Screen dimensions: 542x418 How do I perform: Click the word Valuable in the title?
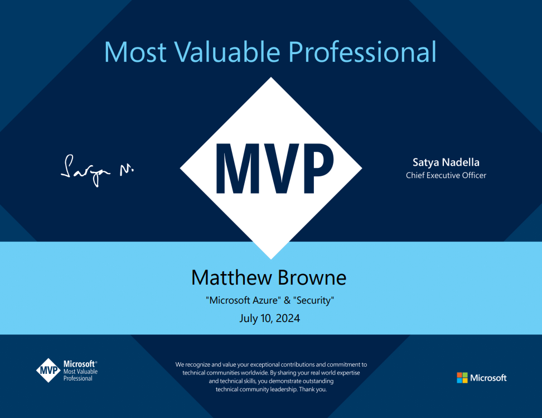(x=227, y=52)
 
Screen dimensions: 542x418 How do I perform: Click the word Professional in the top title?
(x=362, y=52)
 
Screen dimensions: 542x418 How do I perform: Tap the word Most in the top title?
(x=135, y=52)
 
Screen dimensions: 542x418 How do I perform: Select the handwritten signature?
(x=97, y=170)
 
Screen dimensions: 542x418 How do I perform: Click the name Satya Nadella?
(x=446, y=162)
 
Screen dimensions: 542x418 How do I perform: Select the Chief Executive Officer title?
(x=446, y=175)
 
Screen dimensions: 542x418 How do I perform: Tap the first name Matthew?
(x=231, y=277)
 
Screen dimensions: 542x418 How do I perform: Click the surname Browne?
(x=312, y=277)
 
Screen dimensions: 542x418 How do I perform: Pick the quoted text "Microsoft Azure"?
(x=243, y=300)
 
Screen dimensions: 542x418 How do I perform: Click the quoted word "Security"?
(x=313, y=300)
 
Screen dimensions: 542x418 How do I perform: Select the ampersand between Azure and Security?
(x=287, y=300)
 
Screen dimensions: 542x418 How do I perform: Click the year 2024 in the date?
(x=288, y=318)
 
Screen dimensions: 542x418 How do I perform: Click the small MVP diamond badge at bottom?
(x=49, y=371)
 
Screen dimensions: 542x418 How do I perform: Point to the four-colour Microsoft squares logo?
(x=462, y=378)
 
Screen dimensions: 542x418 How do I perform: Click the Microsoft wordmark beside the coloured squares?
(x=488, y=378)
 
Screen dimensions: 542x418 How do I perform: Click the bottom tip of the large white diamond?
(x=271, y=259)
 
